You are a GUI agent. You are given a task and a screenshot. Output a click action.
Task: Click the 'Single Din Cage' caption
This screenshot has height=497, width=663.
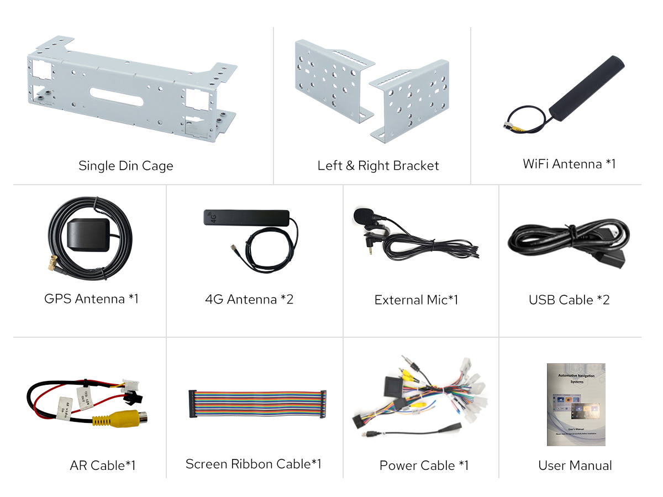pyautogui.click(x=125, y=166)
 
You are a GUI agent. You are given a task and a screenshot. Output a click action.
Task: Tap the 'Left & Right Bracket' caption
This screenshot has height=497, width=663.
pyautogui.click(x=378, y=166)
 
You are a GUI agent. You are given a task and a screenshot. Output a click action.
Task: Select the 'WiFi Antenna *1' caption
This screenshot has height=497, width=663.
pyautogui.click(x=569, y=164)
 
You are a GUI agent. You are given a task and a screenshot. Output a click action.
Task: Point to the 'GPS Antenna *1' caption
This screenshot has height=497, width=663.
pyautogui.click(x=91, y=299)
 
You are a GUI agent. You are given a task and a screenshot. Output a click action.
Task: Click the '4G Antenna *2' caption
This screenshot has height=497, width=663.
pyautogui.click(x=249, y=300)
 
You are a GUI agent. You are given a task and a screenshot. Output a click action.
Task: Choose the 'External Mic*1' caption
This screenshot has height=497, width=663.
pyautogui.click(x=416, y=300)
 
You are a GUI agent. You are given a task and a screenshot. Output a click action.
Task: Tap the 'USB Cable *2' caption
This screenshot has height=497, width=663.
pyautogui.click(x=569, y=300)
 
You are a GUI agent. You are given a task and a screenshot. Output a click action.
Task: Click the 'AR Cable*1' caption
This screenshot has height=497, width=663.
pyautogui.click(x=102, y=465)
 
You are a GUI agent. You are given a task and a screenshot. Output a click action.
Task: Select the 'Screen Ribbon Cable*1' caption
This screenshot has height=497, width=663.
pyautogui.click(x=253, y=464)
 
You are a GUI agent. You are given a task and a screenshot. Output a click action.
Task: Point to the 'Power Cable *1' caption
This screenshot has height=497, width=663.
pyautogui.click(x=424, y=465)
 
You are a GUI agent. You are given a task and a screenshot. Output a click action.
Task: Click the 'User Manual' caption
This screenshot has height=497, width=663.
pyautogui.click(x=575, y=465)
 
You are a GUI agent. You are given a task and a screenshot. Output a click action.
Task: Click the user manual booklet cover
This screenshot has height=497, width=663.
pyautogui.click(x=576, y=404)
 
